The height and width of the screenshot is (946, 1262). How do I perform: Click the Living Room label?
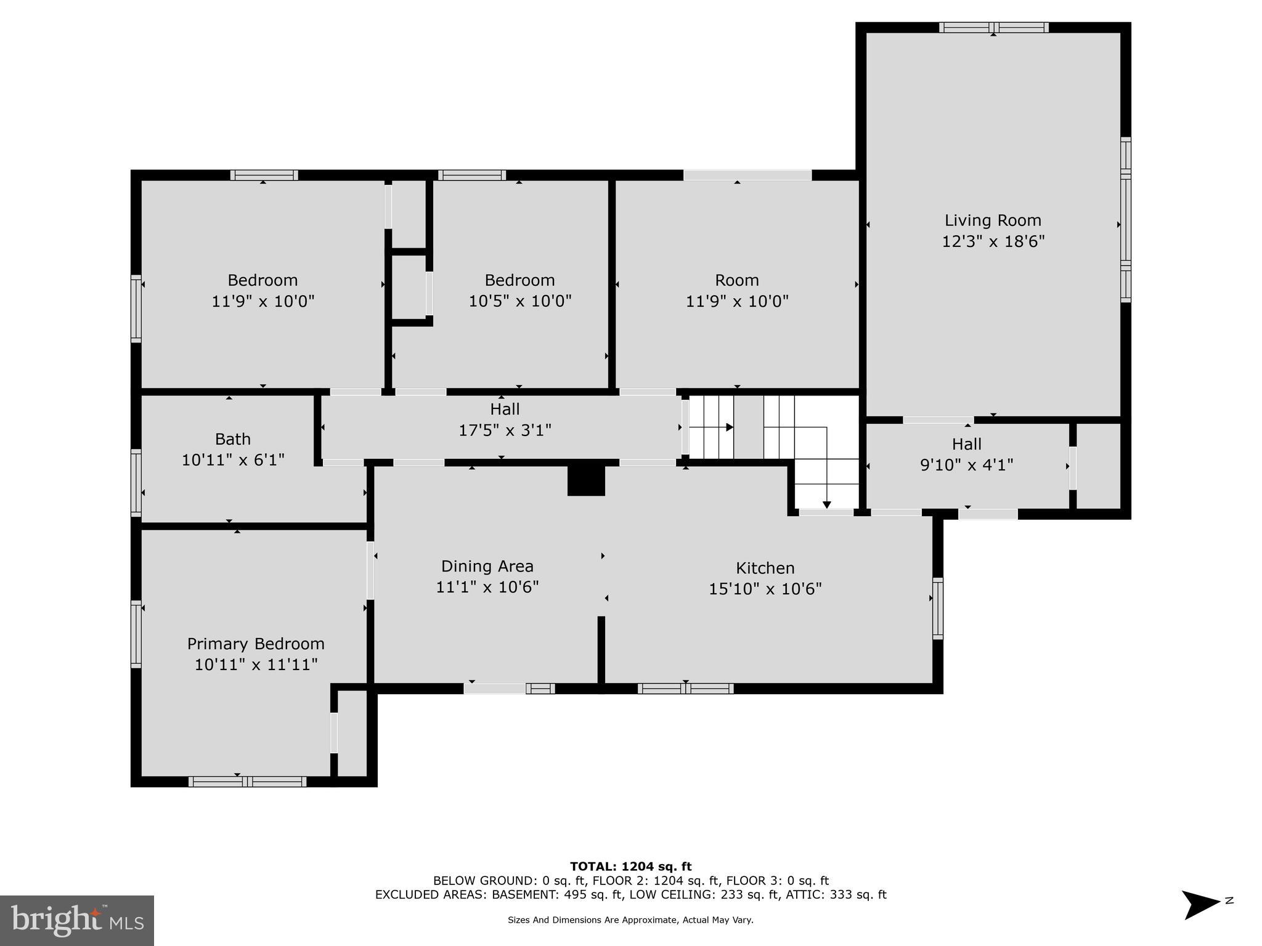pos(993,220)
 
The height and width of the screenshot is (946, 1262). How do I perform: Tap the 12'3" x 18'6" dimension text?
pos(993,241)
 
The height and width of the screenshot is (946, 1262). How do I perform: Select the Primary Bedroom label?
pos(256,644)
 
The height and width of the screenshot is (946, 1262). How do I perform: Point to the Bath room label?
pos(233,439)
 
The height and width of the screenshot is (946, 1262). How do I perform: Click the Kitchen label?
pos(765,568)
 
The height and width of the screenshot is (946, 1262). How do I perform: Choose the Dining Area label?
pos(487,566)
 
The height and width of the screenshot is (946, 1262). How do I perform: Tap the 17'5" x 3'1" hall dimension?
pos(505,430)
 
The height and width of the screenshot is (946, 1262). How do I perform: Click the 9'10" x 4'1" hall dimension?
pos(966,465)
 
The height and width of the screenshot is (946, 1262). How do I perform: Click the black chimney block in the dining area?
pos(586,480)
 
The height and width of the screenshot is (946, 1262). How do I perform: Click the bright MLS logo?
pos(76,920)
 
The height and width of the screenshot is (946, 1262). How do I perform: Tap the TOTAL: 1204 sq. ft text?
pos(630,867)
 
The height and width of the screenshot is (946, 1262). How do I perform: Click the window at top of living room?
pos(993,28)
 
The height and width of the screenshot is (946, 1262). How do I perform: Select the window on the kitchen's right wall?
pos(937,608)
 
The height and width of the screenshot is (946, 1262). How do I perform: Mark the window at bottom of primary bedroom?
pos(247,782)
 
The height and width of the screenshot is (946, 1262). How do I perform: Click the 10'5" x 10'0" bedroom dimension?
pos(519,302)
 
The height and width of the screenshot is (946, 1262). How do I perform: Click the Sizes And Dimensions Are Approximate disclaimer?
pos(630,920)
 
